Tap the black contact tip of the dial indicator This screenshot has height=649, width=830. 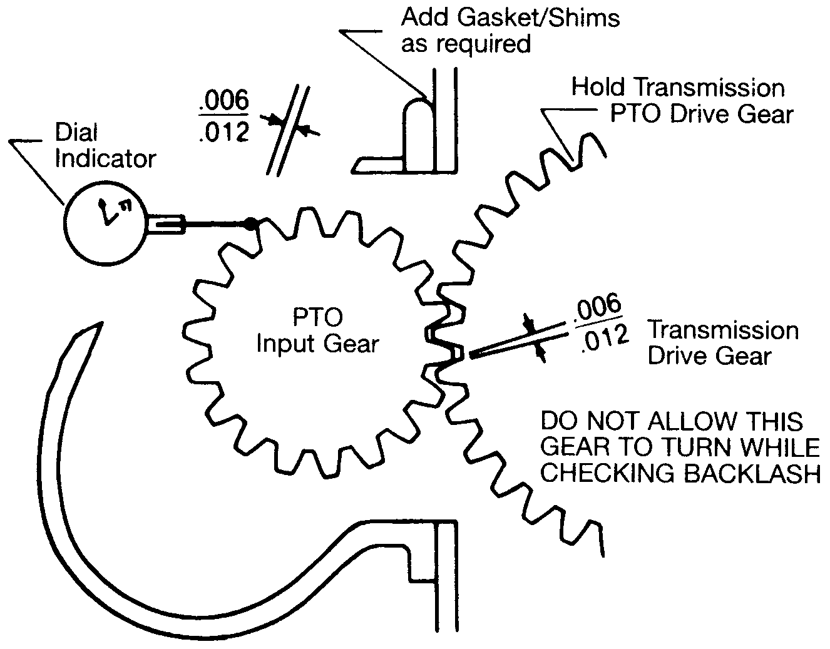pos(251,223)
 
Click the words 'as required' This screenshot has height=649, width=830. pos(466,44)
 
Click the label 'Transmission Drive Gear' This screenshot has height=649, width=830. pos(722,342)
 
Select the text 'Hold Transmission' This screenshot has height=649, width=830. pos(678,88)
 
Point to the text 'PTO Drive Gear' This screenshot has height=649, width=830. pos(702,114)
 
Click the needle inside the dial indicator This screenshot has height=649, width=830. pos(105,213)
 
